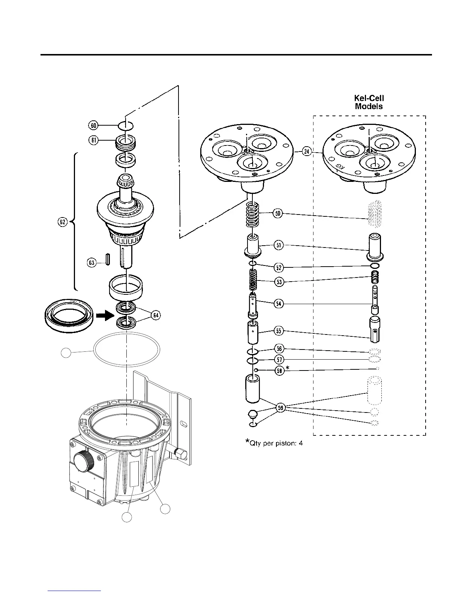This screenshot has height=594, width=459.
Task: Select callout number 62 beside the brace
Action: click(x=62, y=222)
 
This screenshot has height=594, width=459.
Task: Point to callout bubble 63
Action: click(x=92, y=262)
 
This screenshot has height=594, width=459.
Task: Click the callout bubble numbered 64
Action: click(x=156, y=315)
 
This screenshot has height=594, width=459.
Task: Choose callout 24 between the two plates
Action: click(x=307, y=151)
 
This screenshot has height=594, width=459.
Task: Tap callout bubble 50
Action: click(x=278, y=214)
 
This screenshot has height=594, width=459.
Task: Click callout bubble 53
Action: click(x=279, y=282)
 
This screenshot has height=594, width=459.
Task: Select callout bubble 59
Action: click(x=281, y=408)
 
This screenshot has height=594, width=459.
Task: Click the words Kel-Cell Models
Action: click(x=369, y=102)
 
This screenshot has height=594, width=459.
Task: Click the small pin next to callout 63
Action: click(x=108, y=259)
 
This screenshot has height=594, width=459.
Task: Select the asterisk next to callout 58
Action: click(x=288, y=368)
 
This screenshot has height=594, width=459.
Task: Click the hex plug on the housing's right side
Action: click(x=181, y=455)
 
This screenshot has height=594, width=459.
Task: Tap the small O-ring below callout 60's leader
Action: click(x=126, y=125)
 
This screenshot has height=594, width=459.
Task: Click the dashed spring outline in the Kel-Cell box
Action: click(x=374, y=214)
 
